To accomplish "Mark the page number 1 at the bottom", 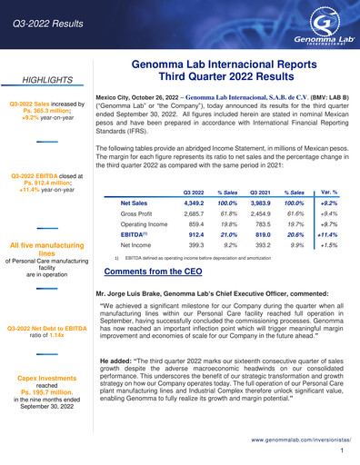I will pos(340,451).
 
